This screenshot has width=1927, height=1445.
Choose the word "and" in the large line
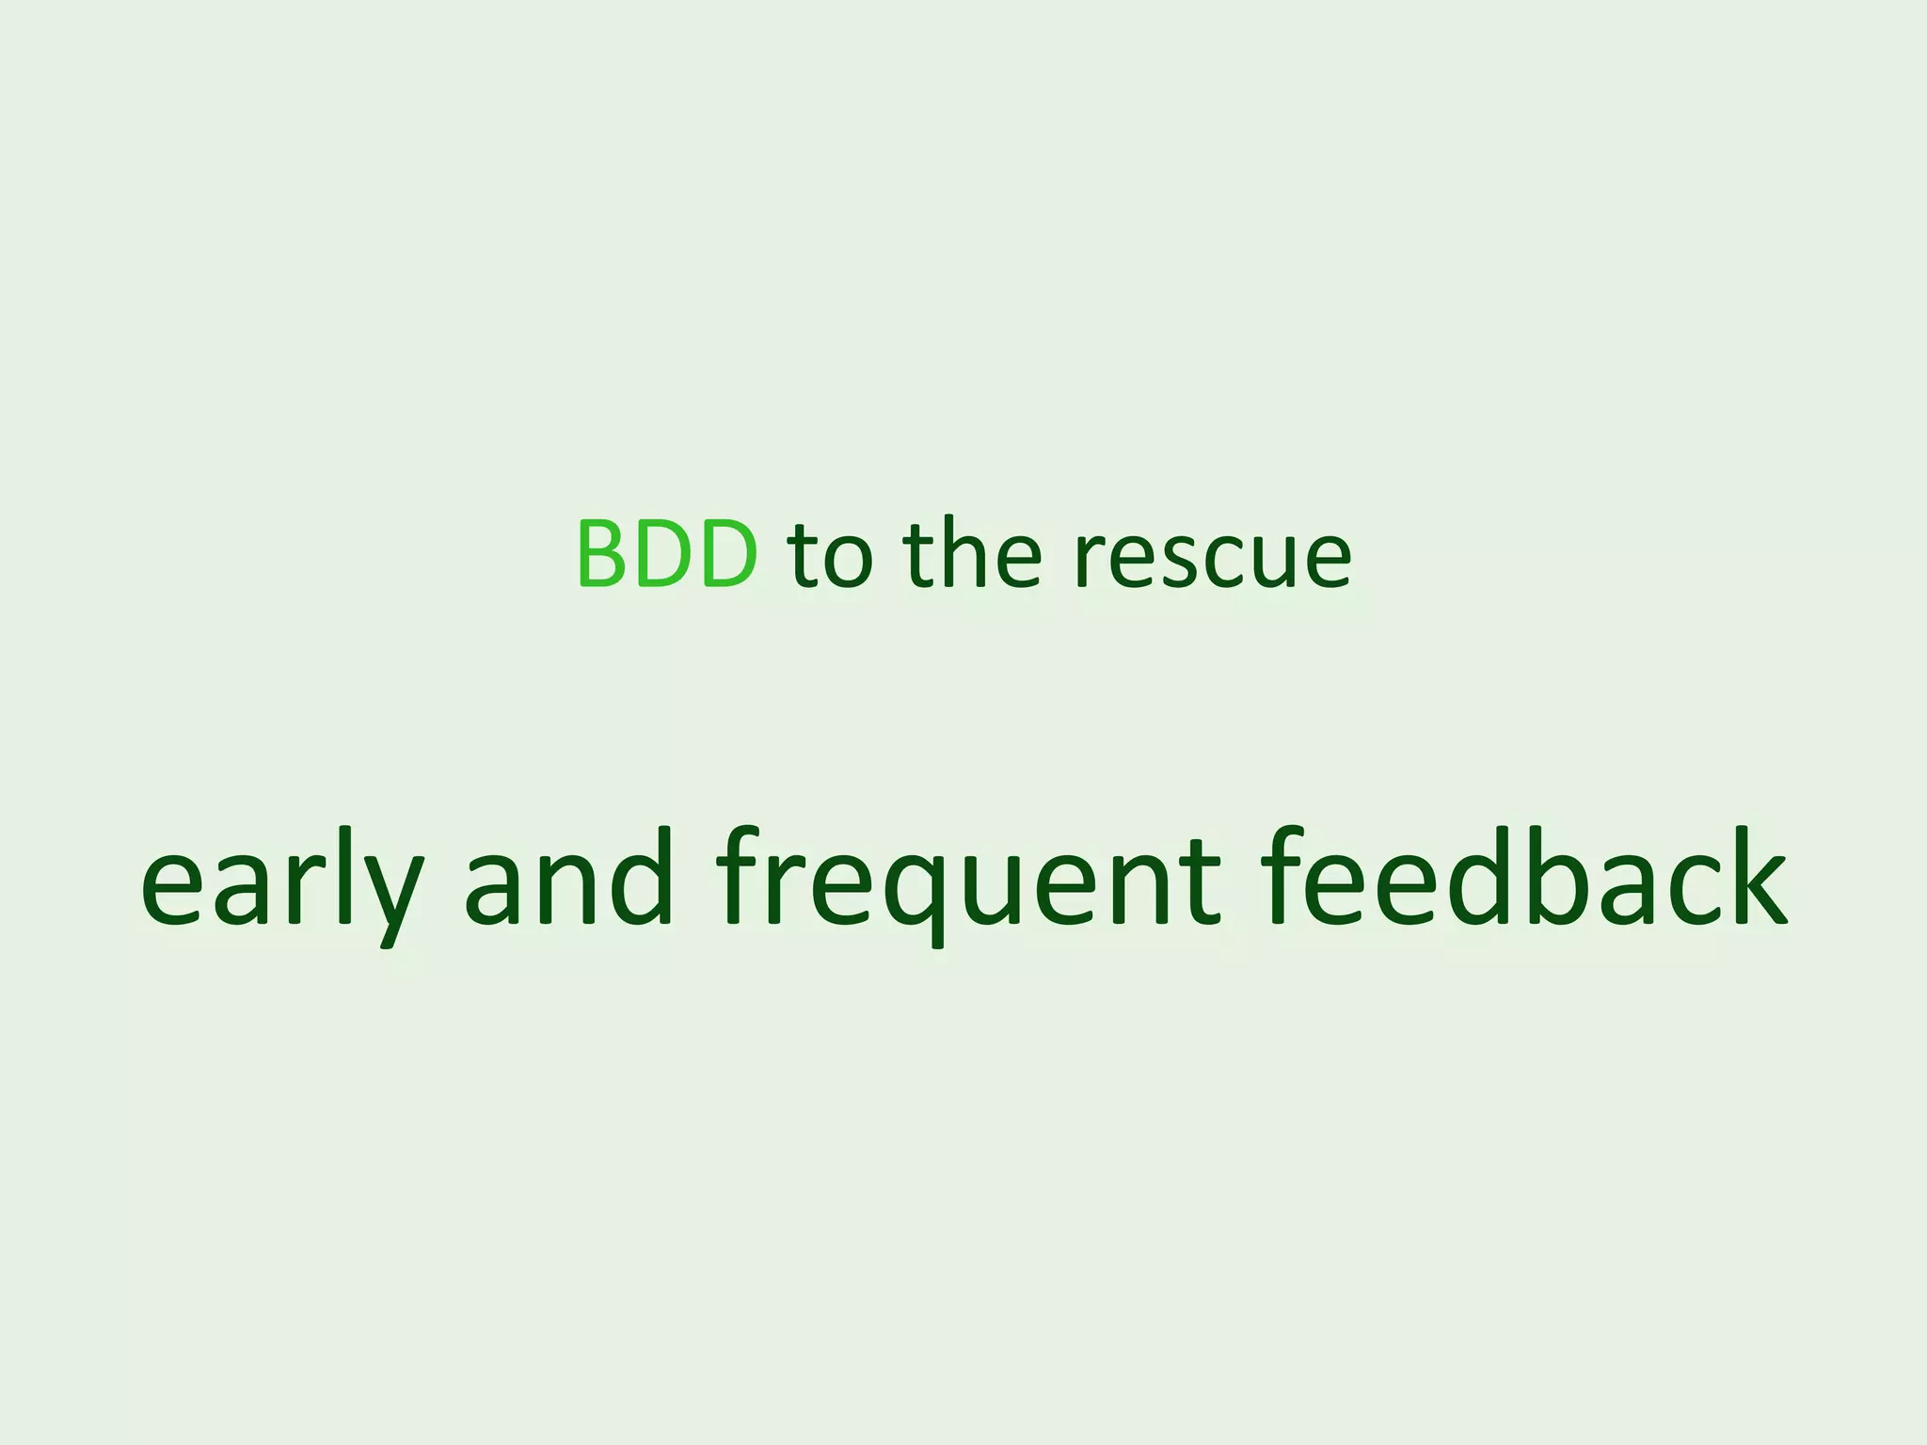point(569,880)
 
